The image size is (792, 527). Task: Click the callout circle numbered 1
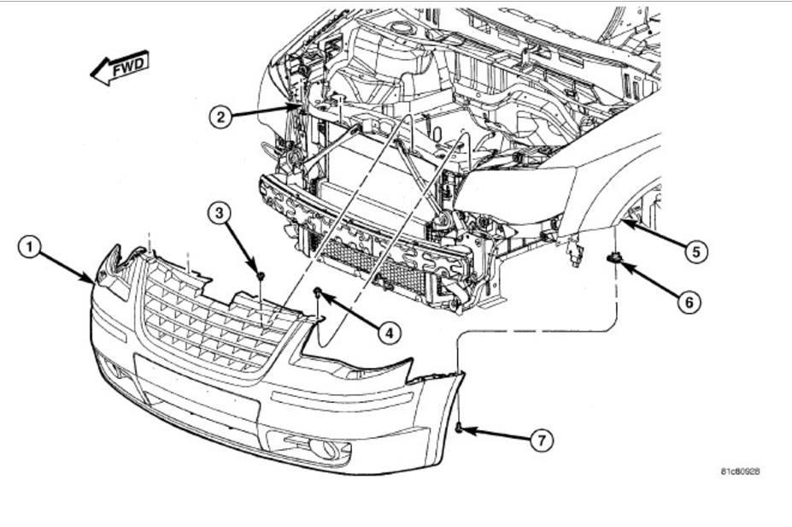coord(29,248)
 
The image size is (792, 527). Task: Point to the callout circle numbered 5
coord(696,252)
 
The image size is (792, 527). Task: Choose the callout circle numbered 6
coord(688,301)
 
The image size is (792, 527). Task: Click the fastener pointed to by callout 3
coord(260,275)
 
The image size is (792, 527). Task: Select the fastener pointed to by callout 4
coord(318,293)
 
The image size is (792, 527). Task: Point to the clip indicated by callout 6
coord(614,258)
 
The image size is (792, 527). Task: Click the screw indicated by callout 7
coord(460,425)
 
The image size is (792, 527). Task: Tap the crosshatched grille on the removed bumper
coord(214,321)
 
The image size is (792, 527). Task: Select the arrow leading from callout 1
coord(67,264)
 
